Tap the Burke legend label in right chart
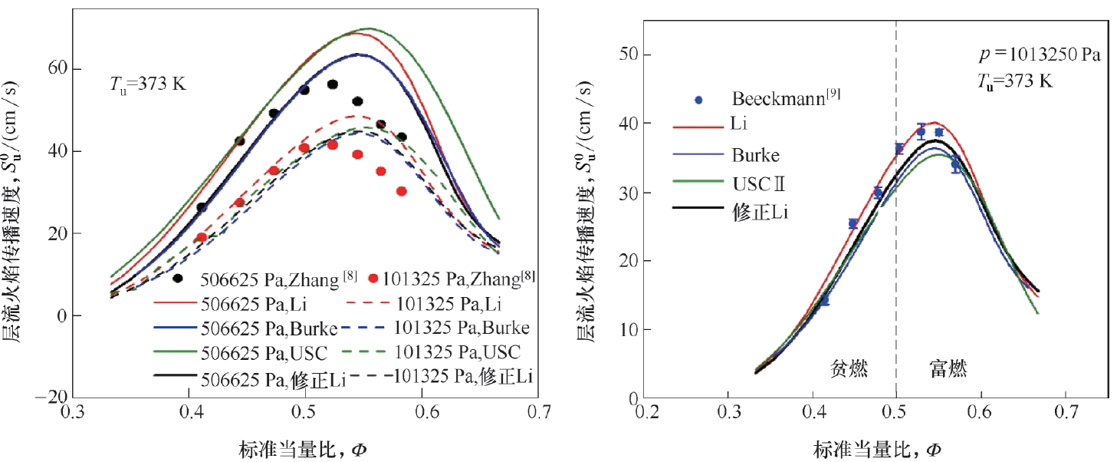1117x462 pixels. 756,155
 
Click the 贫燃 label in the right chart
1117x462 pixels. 849,369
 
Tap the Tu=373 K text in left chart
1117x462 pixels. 146,84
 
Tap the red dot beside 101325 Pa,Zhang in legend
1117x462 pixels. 373,279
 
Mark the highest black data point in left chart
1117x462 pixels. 333,84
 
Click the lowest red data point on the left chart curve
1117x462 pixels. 201,237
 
